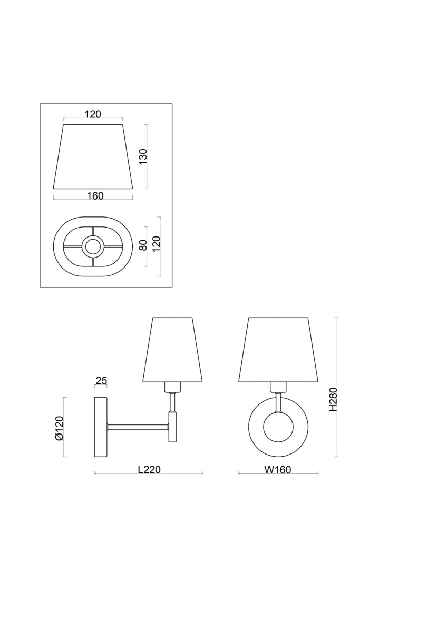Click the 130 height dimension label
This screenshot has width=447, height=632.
143,156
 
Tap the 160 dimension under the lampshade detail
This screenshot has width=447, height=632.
95,195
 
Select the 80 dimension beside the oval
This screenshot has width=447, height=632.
143,245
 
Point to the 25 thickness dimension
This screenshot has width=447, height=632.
101,381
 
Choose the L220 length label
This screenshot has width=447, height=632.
149,469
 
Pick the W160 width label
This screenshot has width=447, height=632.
278,469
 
